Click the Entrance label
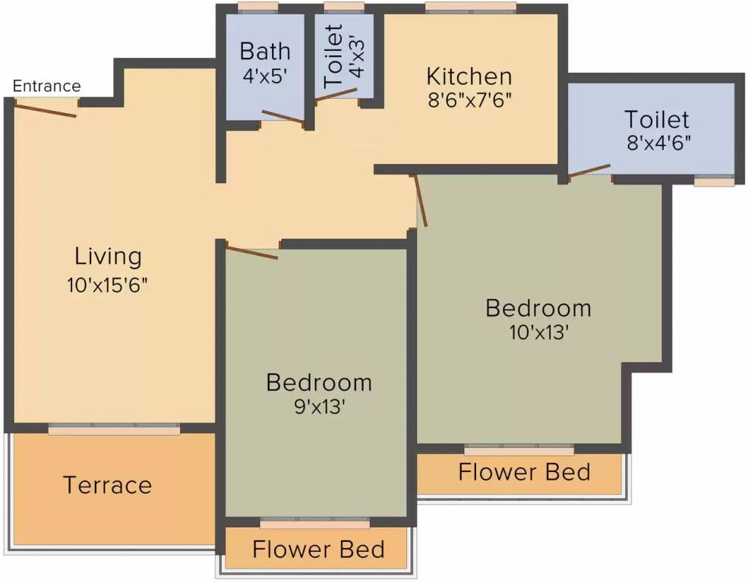[x=47, y=87]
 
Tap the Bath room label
[x=265, y=51]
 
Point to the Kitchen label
[x=469, y=76]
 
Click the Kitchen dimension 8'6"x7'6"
[x=470, y=101]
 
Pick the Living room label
[x=109, y=257]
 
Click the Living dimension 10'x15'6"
[x=108, y=285]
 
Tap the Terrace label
[x=107, y=485]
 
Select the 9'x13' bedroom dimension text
[x=319, y=407]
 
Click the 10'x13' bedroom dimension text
[x=538, y=332]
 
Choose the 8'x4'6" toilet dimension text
[x=659, y=143]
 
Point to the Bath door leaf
[x=283, y=118]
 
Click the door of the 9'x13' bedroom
[x=251, y=251]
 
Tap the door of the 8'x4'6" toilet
[x=589, y=171]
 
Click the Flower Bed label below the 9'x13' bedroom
[x=319, y=549]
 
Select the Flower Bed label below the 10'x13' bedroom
[x=524, y=472]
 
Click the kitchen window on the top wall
[x=471, y=8]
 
